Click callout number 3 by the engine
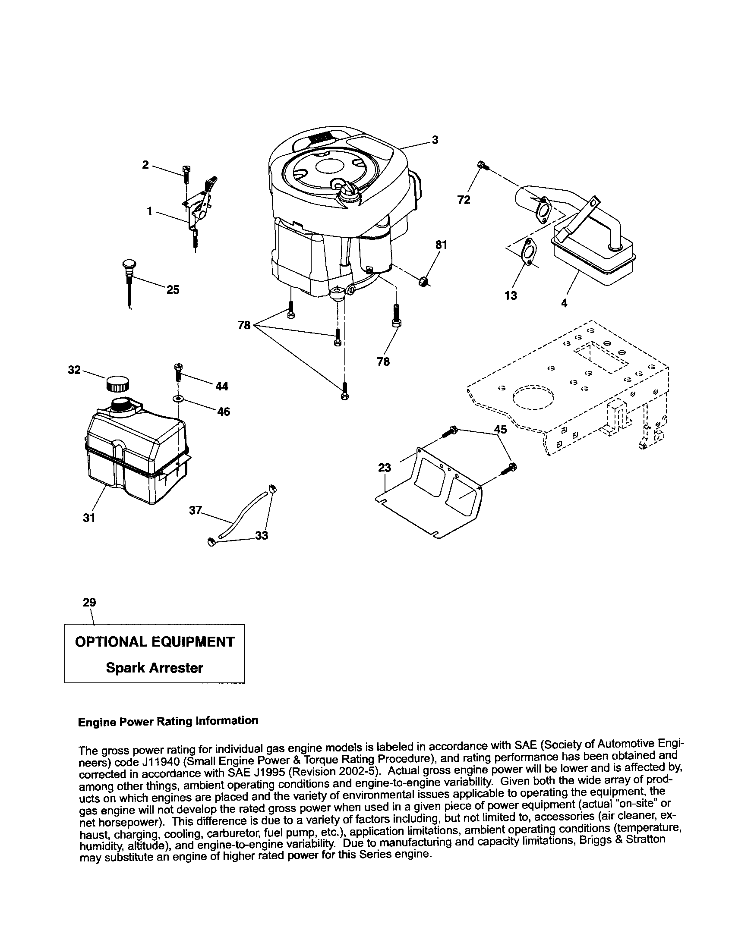tap(435, 140)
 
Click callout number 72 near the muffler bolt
tap(464, 200)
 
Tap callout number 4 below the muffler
tap(564, 303)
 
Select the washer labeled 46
tap(178, 398)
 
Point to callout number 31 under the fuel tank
tap(89, 518)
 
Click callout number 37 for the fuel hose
tap(195, 510)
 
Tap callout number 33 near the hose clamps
tap(261, 536)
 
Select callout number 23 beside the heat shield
tap(385, 468)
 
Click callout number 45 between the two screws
tap(501, 429)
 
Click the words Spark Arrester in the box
tap(155, 668)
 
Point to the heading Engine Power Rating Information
tap(168, 721)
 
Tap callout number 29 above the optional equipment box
tap(89, 602)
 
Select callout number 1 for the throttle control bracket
tap(149, 211)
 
